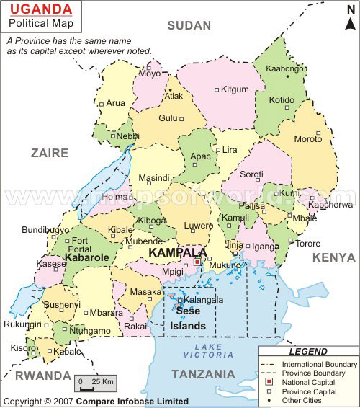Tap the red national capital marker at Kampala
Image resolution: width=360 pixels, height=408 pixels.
(197, 262)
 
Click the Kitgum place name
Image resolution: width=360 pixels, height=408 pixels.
(235, 89)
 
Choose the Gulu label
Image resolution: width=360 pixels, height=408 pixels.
(168, 117)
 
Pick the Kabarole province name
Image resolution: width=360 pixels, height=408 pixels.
(86, 257)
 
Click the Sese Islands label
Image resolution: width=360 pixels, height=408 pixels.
(187, 319)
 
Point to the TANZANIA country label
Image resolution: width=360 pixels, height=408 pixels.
(204, 374)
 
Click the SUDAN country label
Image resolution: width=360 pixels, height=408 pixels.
(189, 26)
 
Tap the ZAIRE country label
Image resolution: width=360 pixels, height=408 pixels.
(49, 153)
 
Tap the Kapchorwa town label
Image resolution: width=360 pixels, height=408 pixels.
(330, 204)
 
